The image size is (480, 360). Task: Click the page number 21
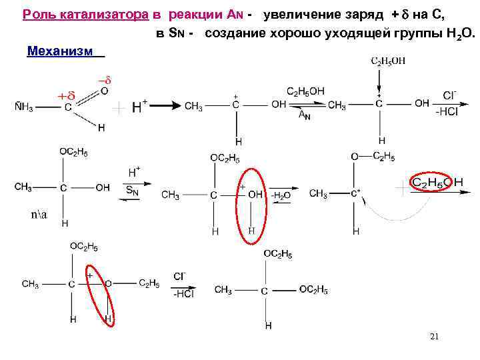(x=434, y=337)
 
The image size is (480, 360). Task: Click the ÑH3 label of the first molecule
(x=25, y=108)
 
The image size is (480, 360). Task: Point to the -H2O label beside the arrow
(x=281, y=195)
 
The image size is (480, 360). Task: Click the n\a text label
(x=39, y=215)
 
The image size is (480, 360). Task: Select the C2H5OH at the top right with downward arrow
(x=388, y=61)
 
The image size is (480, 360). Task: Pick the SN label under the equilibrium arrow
(x=133, y=190)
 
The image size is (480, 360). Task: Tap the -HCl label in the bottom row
(x=181, y=294)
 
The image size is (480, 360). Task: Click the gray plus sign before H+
(x=119, y=106)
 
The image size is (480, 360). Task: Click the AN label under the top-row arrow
(x=303, y=115)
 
